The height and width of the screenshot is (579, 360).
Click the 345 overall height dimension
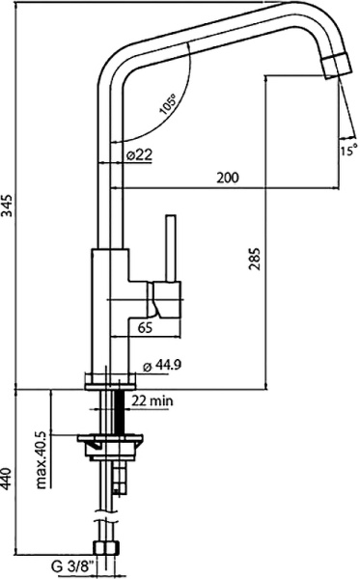pyautogui.click(x=9, y=206)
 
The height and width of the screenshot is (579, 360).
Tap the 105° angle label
pyautogui.click(x=168, y=104)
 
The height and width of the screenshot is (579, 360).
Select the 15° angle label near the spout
pyautogui.click(x=348, y=151)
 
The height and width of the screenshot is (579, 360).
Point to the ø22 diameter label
pyautogui.click(x=139, y=154)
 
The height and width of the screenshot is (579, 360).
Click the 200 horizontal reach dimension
pyautogui.click(x=228, y=178)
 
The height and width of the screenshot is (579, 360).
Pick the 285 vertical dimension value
pyautogui.click(x=254, y=259)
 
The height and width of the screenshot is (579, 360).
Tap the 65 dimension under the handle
pyautogui.click(x=144, y=327)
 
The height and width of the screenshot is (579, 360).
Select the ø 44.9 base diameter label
pyautogui.click(x=162, y=366)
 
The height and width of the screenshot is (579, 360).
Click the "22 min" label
pyautogui.click(x=152, y=400)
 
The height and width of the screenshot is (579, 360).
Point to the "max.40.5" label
pyautogui.click(x=43, y=460)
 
